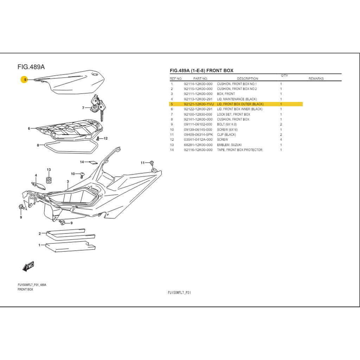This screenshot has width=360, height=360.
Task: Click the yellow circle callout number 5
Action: coord(25,80)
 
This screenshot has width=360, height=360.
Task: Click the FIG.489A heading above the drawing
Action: coord(31,67)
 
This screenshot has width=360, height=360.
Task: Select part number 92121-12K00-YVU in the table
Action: coord(198,104)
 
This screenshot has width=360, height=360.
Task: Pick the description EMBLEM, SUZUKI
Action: coord(229,145)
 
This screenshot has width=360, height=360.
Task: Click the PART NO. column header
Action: coord(200,79)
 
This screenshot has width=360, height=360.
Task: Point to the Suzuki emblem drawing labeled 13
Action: coord(49,180)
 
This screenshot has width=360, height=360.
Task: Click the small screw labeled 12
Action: coord(98,139)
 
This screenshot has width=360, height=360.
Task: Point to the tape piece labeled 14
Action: coord(93,162)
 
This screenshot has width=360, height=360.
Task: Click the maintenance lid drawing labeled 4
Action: coord(40,185)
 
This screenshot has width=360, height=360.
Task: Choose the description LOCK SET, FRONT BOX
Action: coord(233,114)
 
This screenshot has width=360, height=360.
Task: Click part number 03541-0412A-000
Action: coord(198,140)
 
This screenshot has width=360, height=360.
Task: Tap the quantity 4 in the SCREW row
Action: coord(281,140)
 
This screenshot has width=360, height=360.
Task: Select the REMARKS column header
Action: coord(316,79)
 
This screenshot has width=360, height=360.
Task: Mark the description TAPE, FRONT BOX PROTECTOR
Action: coord(239,150)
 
